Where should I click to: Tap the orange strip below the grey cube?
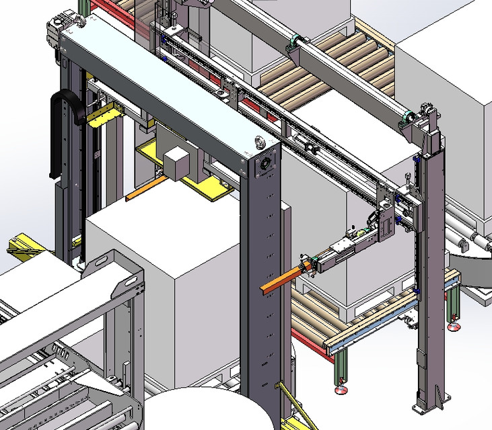145,189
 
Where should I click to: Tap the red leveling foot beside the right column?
455,327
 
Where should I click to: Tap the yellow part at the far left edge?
21,245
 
